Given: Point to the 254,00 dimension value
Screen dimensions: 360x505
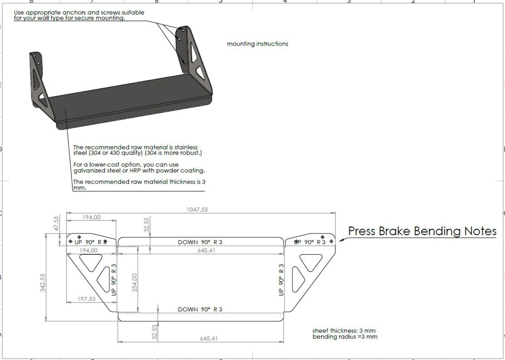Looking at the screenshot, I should point(135,282).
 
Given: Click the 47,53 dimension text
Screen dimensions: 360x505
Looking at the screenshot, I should point(56,223).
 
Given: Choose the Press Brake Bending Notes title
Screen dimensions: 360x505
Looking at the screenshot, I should point(422,231).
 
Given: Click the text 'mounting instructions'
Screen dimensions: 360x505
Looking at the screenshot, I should point(257,44).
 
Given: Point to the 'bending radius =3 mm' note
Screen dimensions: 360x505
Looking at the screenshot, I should point(345,337).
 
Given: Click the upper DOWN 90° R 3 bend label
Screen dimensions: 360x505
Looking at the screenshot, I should point(200,242).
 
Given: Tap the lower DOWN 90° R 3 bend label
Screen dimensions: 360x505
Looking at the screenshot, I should point(200,309).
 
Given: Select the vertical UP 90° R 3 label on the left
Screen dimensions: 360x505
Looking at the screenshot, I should point(114,280).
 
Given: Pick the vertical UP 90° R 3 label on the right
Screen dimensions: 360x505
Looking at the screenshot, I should point(281,280).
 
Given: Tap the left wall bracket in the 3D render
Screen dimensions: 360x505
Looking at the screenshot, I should point(39,82).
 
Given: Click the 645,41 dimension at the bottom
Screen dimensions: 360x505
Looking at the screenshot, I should point(208,339).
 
